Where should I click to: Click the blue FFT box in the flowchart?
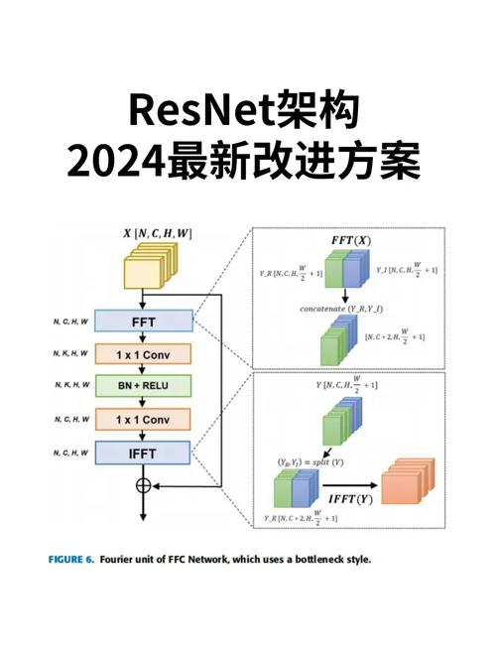[x=144, y=322]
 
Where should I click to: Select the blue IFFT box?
[x=144, y=453]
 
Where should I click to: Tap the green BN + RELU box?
[x=144, y=385]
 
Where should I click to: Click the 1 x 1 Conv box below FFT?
[x=144, y=353]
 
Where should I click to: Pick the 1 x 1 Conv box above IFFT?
[x=144, y=419]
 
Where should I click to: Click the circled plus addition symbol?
[x=144, y=485]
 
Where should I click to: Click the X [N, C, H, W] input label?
[x=158, y=233]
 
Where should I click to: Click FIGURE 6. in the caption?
[x=72, y=560]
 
